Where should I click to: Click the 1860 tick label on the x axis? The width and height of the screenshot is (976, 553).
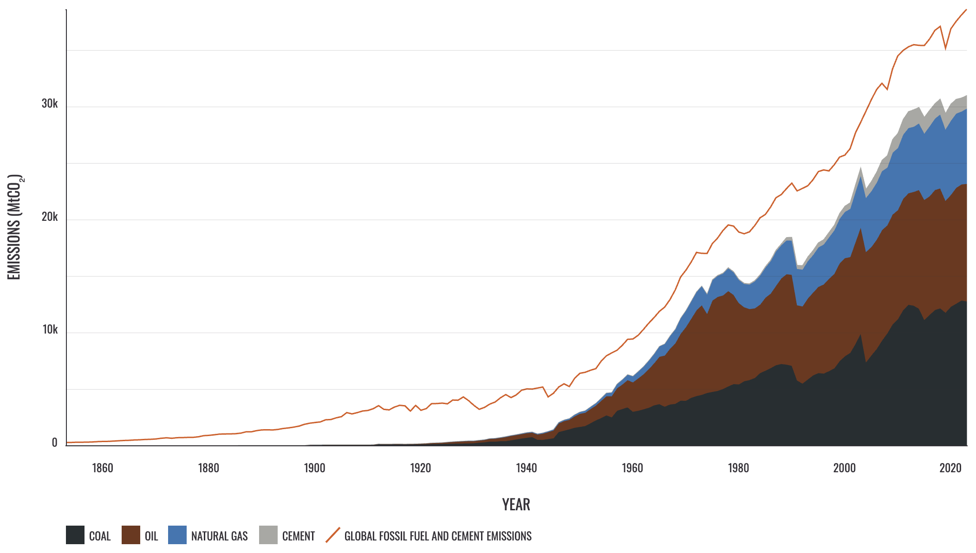pos(103,468)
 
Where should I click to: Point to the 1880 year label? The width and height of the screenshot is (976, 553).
pos(208,468)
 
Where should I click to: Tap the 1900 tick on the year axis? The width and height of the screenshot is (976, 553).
pos(314,468)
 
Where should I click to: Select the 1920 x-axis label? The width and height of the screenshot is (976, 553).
pos(420,468)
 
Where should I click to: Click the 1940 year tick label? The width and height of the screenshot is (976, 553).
pos(526,468)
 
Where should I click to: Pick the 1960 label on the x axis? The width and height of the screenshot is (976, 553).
pos(632,468)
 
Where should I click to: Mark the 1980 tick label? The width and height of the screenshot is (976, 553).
pos(738,468)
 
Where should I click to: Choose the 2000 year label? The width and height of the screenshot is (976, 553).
pos(844,468)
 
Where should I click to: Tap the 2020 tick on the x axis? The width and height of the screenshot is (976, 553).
pos(950,468)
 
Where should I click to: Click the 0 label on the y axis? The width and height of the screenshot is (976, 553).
pos(54,443)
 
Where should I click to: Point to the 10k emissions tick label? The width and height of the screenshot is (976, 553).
pos(50,329)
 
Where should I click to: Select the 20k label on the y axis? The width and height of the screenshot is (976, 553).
pos(50,217)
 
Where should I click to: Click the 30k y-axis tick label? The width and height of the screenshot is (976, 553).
pos(50,103)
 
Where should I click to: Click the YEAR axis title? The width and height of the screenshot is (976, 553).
pos(516,505)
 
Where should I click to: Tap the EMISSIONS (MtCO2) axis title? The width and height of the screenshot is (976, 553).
pos(15,227)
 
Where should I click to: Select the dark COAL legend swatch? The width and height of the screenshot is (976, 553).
pos(75,535)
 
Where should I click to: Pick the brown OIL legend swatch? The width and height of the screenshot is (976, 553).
pos(131,535)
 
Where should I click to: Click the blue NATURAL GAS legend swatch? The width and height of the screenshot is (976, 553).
pos(177,535)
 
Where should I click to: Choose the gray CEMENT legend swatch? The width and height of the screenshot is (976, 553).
pos(268,535)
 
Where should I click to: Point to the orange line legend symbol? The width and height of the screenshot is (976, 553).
pos(333,535)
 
